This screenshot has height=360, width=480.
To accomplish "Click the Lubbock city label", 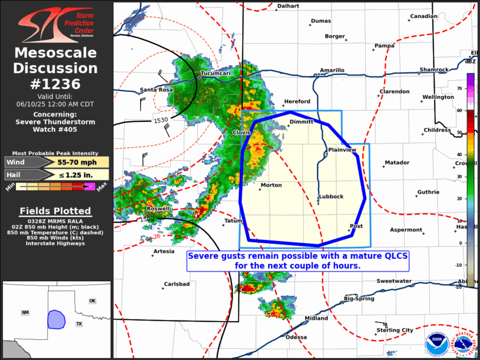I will [x=331, y=197].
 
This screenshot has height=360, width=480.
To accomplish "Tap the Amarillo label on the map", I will [x=332, y=71].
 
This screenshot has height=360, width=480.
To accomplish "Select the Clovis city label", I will [x=241, y=133].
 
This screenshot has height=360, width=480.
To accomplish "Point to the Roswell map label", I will [x=158, y=209].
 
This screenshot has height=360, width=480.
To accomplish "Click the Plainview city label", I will [x=342, y=150].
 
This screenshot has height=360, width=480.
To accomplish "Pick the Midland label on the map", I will [x=316, y=319].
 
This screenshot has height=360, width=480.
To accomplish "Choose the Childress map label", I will [x=437, y=130].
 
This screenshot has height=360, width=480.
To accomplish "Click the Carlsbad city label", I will [x=176, y=284].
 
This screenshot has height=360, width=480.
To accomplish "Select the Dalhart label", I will [x=289, y=6].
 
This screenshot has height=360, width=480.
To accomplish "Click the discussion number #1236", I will [x=55, y=83].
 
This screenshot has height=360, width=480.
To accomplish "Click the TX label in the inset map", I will [x=79, y=324].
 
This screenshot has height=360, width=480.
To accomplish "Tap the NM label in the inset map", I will [x=25, y=313].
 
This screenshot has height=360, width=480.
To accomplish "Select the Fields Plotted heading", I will [x=55, y=211].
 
